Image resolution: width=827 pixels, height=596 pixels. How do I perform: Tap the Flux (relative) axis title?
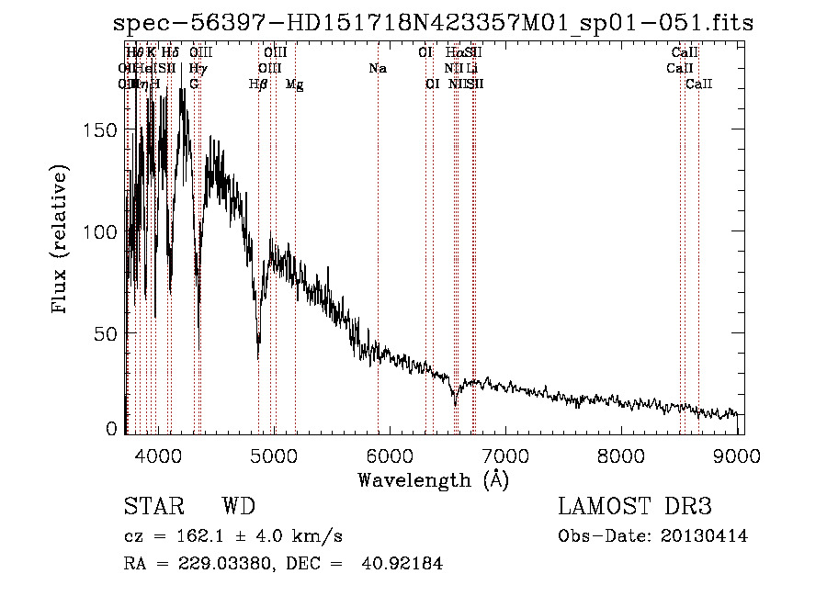(62, 241)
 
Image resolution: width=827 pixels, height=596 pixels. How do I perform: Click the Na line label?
(378, 68)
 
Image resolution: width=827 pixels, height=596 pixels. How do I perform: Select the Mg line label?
(295, 84)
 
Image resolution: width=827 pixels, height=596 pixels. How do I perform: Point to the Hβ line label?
(258, 84)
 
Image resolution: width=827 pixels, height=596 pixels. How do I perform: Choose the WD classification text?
(238, 507)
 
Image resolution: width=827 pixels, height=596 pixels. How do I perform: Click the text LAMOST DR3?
(634, 507)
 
